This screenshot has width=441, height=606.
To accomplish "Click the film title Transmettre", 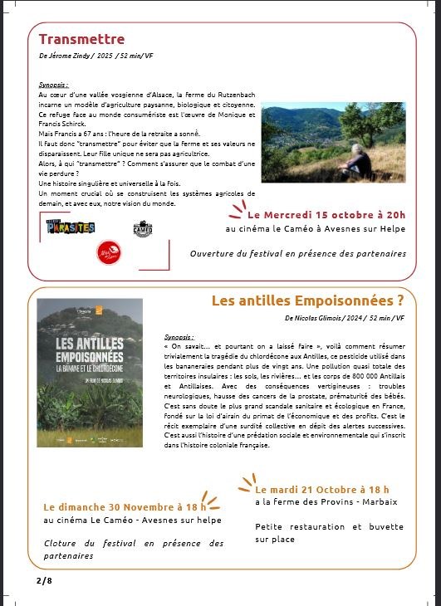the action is tap(81, 39).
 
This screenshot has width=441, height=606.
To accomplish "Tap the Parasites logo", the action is tap(71, 226).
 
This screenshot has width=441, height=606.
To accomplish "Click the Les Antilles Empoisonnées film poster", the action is tap(90, 373).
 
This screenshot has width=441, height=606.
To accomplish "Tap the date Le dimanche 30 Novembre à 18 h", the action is tap(125, 506).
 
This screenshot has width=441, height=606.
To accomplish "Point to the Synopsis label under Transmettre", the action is tap(52, 86).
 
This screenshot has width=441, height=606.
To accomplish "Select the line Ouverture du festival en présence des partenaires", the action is tap(297, 253).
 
